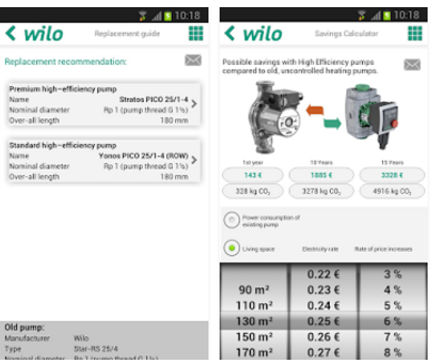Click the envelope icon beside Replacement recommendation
pos(193,60)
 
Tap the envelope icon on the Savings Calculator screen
pos(411,65)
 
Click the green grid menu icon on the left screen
pos(195,33)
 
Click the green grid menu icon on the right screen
pos(414,33)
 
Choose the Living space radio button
pos(232,247)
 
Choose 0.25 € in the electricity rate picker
pos(322,322)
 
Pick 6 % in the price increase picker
pos(393,322)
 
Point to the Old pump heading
pos(23,327)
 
